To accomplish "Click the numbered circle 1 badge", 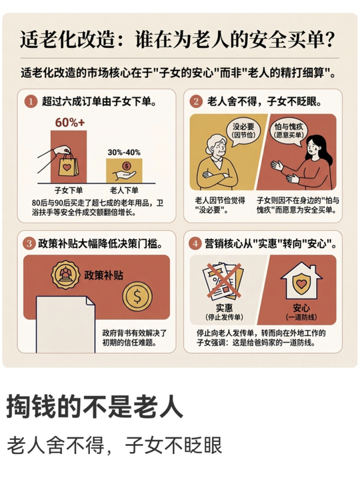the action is [31, 101].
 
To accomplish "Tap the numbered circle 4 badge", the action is [195, 243].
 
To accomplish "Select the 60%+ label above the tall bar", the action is [70, 123].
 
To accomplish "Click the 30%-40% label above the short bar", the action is [124, 153].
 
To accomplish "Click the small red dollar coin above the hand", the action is [126, 166].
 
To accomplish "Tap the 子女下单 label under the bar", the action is [69, 190].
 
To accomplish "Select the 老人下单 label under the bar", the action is [124, 190].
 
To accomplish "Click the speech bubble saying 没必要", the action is [243, 131].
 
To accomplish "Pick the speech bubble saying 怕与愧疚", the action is [289, 131].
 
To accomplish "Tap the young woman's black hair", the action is [321, 149].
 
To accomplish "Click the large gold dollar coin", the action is [137, 296].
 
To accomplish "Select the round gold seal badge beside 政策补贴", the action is [65, 275].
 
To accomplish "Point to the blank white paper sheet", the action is [65, 325].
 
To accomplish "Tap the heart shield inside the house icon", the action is [301, 284].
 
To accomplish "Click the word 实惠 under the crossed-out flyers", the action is [225, 307].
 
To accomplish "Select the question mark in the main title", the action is [329, 39].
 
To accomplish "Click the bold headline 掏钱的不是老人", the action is [95, 407].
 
